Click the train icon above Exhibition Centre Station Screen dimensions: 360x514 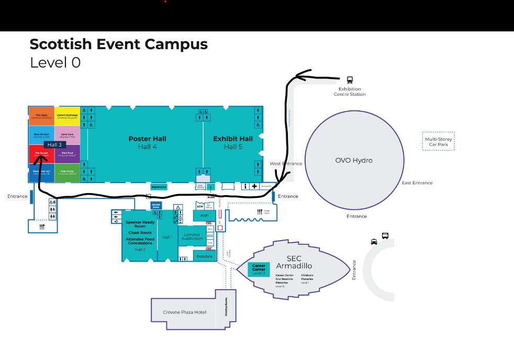[350, 80]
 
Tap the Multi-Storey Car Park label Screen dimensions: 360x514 [439, 141]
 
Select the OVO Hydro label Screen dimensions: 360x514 [354, 160]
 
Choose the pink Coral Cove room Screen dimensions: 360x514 [67, 135]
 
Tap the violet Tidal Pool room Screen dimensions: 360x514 [67, 154]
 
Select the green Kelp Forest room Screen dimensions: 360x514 [67, 173]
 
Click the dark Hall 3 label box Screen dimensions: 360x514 [54, 145]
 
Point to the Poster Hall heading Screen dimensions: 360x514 [147, 139]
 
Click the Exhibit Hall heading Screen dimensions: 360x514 [233, 139]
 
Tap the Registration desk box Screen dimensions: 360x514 [159, 187]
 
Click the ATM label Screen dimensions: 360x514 [199, 207]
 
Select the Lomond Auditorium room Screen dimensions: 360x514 [192, 237]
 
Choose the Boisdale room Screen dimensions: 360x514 [204, 256]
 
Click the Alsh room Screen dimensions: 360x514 [204, 216]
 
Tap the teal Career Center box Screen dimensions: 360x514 [259, 269]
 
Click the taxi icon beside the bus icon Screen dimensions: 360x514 [374, 242]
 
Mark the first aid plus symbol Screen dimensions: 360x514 [254, 186]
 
